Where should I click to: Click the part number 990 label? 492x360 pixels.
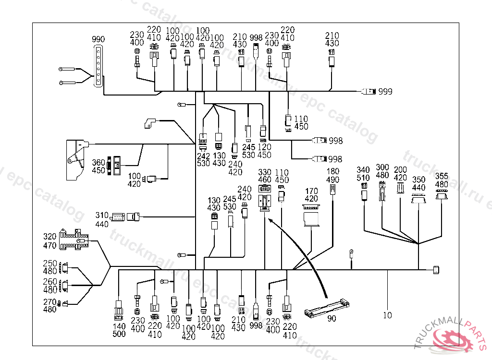[x=98, y=39]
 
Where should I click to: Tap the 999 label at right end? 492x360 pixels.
[x=385, y=91]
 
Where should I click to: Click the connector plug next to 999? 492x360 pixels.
[x=368, y=91]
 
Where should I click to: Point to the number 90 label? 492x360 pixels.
[x=332, y=318]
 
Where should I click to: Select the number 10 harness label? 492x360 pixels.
[x=387, y=315]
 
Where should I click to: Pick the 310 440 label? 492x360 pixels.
[x=102, y=219]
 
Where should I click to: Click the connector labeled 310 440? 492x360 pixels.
[x=125, y=217]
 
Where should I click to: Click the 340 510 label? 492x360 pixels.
[x=363, y=174]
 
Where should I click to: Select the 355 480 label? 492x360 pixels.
[x=442, y=180]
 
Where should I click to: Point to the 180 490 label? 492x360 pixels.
[x=332, y=176]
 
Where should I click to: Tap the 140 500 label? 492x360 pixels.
[x=118, y=330]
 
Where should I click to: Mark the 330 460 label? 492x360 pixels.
[x=265, y=176]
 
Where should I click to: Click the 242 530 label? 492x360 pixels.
[x=203, y=159]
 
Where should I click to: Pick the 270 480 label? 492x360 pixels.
[x=50, y=306]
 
